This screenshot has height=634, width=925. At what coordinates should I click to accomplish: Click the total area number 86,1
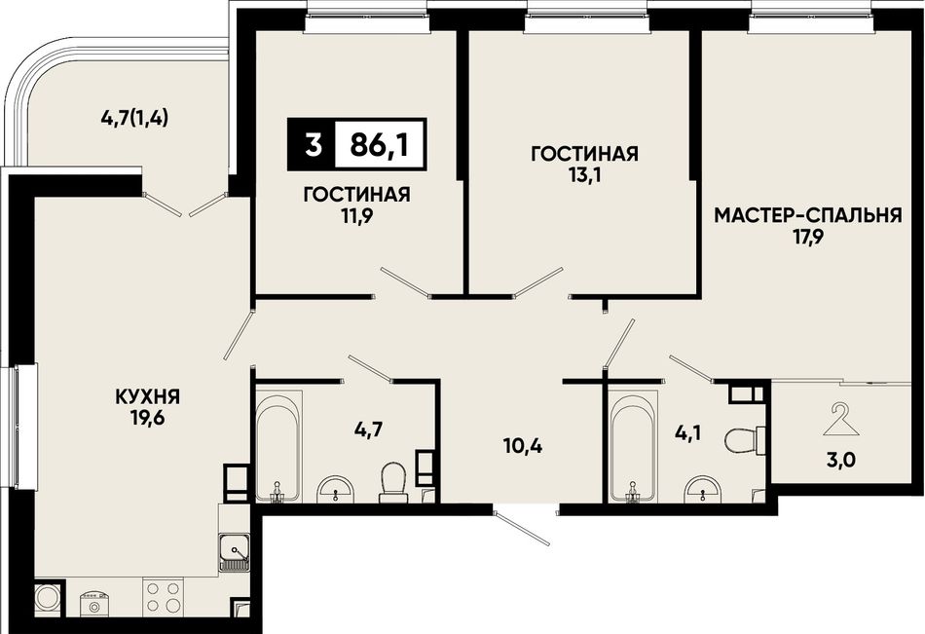(379, 144)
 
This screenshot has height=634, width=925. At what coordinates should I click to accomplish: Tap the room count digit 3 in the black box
(314, 144)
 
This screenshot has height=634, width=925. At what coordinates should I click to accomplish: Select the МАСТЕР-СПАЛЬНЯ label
(808, 215)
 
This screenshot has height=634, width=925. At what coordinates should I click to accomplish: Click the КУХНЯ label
(148, 396)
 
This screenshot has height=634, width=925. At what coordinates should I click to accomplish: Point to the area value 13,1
(584, 176)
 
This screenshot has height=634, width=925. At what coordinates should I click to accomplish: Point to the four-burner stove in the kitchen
(163, 597)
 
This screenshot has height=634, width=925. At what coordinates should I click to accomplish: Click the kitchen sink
(235, 552)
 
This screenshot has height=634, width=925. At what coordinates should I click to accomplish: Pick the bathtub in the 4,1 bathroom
(634, 446)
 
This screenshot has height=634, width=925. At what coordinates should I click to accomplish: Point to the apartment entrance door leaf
(523, 528)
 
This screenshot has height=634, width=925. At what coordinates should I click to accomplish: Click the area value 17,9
(807, 238)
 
